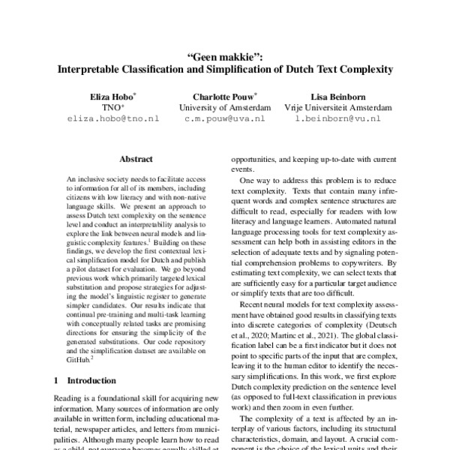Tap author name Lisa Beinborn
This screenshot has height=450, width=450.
(337, 96)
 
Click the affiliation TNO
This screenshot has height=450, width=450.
(112, 107)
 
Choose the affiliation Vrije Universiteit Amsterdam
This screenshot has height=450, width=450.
(337, 107)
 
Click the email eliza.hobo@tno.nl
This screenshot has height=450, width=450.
(113, 118)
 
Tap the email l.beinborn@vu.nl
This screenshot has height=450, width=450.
(337, 118)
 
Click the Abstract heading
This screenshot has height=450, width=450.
(136, 159)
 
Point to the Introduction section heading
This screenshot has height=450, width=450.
(92, 380)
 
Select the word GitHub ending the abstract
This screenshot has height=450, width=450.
(79, 359)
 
